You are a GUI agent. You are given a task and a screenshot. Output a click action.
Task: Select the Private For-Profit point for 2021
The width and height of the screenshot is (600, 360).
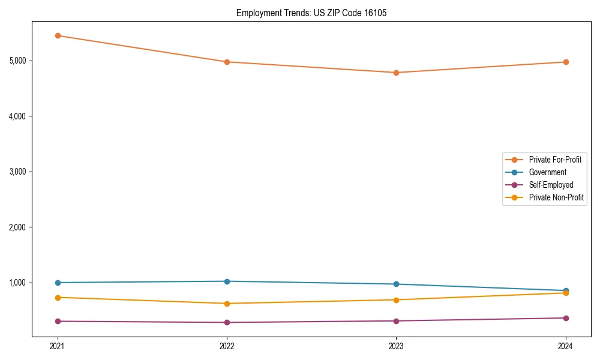click(58, 35)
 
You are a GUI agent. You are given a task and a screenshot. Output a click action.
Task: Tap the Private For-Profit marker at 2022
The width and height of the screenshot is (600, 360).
click(227, 62)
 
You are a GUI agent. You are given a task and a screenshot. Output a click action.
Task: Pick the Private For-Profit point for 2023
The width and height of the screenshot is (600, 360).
click(396, 73)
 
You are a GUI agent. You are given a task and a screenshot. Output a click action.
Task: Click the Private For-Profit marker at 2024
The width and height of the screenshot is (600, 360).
click(566, 62)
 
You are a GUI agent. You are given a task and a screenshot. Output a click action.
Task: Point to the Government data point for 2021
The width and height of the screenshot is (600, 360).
click(58, 283)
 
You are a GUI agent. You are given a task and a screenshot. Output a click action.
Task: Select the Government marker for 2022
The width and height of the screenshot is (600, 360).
click(227, 281)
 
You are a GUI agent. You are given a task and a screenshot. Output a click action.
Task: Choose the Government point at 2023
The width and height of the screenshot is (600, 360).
click(396, 284)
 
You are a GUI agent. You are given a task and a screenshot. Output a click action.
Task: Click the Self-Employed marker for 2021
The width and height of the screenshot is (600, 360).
click(58, 321)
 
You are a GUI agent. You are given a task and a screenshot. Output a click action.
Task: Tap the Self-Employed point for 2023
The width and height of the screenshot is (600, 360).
click(396, 321)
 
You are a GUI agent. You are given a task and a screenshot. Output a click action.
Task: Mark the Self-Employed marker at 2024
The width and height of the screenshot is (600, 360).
click(566, 318)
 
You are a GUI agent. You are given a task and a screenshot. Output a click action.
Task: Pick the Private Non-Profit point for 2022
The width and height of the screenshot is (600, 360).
click(227, 304)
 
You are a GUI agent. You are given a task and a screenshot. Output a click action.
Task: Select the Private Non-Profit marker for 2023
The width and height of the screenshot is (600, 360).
click(396, 300)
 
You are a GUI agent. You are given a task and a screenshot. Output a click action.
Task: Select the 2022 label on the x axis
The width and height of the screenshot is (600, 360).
click(227, 346)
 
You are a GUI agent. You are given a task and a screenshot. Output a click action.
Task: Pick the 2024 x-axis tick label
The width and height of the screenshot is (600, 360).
click(566, 346)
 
